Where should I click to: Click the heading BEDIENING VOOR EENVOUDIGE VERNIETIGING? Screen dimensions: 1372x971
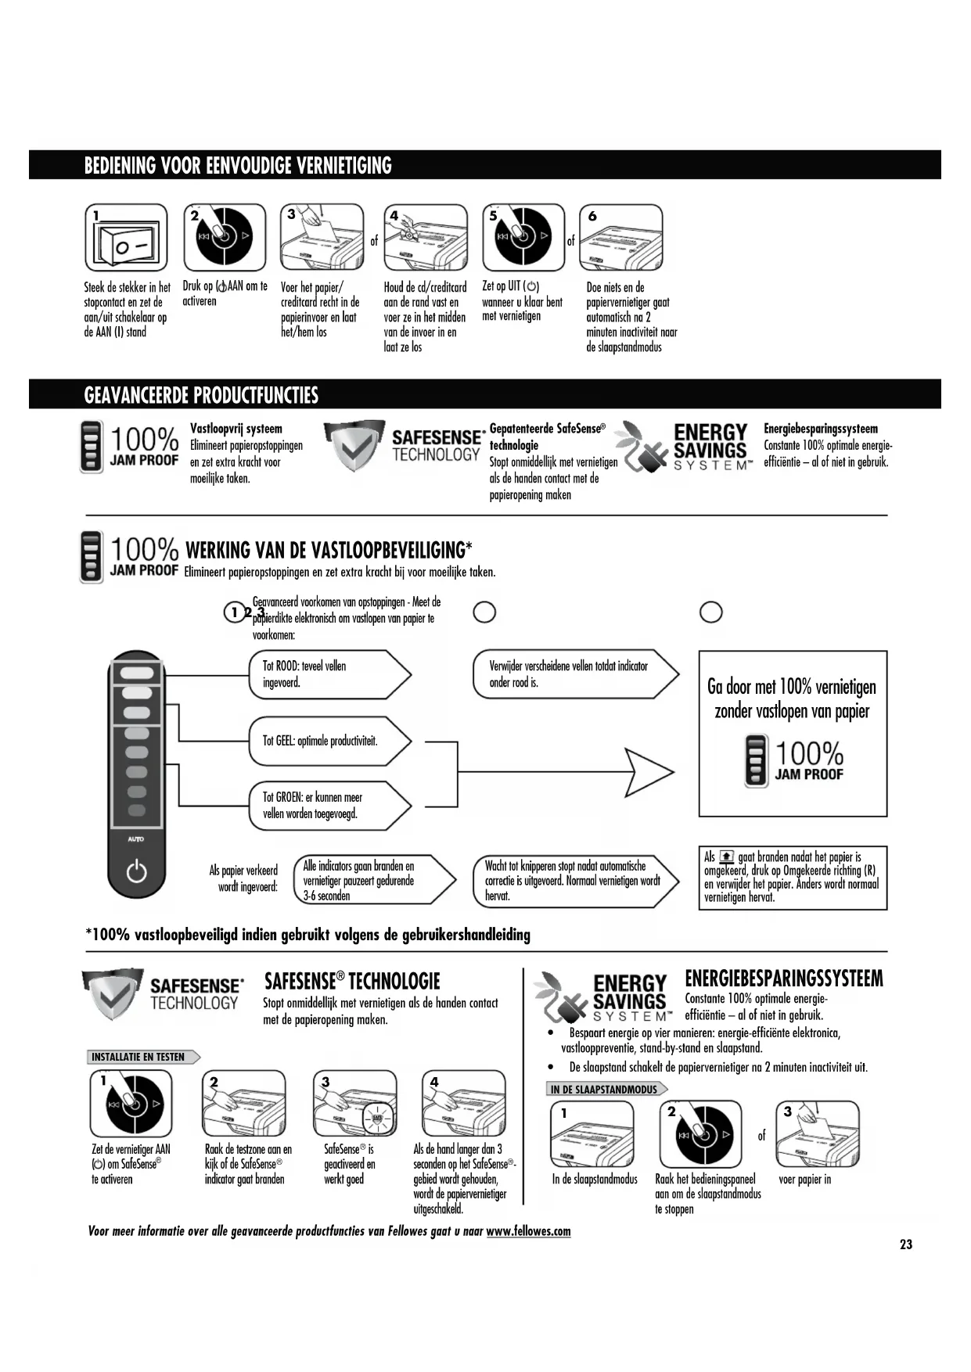(238, 166)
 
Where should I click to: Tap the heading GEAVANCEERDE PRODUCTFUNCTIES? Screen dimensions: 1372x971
(201, 395)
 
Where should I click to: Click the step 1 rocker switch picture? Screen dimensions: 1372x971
(126, 238)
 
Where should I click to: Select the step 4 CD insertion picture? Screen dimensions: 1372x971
(425, 238)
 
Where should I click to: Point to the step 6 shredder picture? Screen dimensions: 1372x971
(620, 238)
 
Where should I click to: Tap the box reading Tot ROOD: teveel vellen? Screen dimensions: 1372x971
(329, 674)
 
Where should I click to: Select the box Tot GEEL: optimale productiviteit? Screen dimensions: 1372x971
(329, 741)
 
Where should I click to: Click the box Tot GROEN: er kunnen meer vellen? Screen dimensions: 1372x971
(329, 806)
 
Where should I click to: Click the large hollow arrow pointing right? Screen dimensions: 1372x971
(649, 774)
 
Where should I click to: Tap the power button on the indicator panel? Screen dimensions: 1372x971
(137, 871)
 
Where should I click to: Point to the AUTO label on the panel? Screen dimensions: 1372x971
(136, 839)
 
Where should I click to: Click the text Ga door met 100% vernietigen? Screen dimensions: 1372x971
(792, 688)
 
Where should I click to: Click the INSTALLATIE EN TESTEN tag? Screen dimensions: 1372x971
(141, 1058)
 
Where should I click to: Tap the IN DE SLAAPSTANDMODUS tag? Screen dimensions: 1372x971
(605, 1090)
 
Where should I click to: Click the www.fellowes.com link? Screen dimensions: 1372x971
(528, 1231)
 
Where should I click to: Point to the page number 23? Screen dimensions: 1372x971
(906, 1244)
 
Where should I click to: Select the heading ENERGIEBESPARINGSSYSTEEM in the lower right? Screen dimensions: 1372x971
(783, 979)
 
